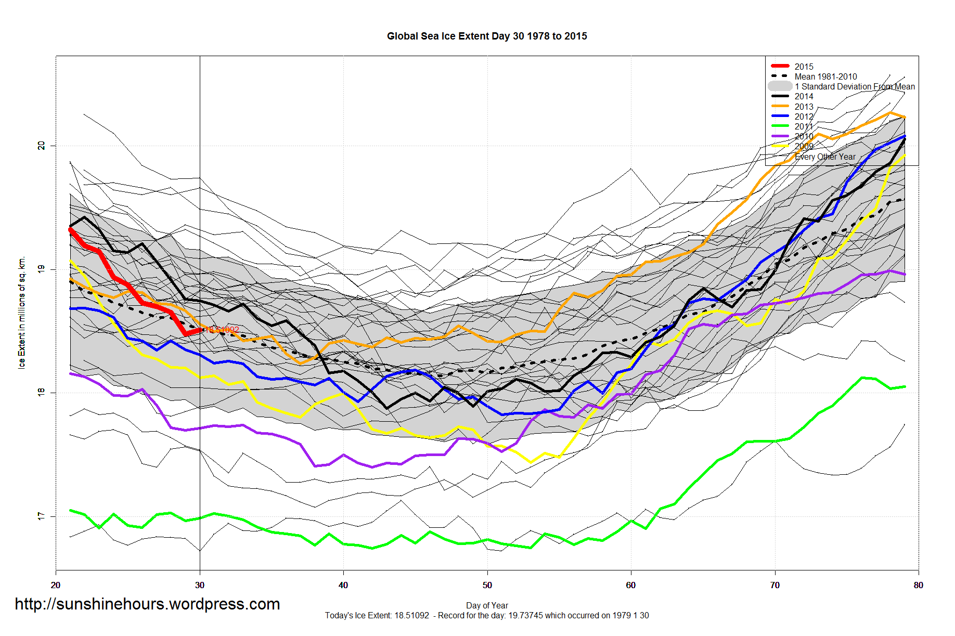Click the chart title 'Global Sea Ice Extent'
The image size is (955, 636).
[x=487, y=36]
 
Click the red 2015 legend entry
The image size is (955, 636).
[x=804, y=67]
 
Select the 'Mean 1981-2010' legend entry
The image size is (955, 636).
[x=825, y=76]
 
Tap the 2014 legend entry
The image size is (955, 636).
[x=804, y=96]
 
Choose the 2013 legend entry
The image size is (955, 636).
[x=804, y=107]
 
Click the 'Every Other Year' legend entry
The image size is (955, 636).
[x=825, y=157]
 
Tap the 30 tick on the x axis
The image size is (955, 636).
[x=200, y=585]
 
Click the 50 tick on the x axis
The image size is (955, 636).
[x=487, y=585]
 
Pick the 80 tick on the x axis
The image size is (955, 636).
[x=919, y=585]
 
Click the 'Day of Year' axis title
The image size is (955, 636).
[x=487, y=605]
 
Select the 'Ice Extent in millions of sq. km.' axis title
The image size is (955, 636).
[x=22, y=313]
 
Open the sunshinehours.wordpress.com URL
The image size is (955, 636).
[x=147, y=604]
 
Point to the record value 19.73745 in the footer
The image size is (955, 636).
[x=525, y=616]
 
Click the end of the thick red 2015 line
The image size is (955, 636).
[x=200, y=330]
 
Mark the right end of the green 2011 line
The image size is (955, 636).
[x=905, y=386]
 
